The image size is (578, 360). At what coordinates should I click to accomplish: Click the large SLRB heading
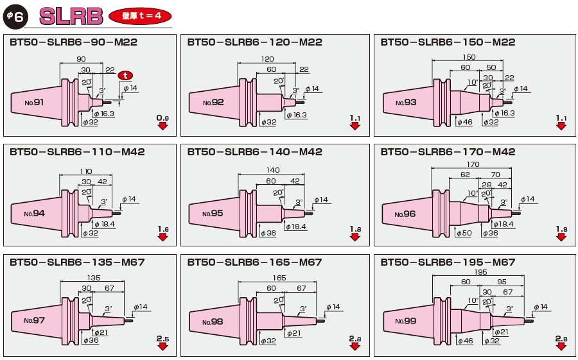tap(71, 16)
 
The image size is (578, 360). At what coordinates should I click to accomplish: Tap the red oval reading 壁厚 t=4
tap(140, 16)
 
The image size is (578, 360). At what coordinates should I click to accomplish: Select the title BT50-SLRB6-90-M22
tap(73, 42)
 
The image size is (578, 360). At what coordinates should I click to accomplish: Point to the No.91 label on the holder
tap(33, 102)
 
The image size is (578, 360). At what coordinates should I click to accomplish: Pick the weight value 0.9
tap(162, 118)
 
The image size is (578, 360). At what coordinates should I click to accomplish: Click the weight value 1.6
tap(162, 228)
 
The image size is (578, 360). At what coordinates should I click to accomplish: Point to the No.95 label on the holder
tap(213, 213)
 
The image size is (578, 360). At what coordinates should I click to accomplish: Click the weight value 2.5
tap(162, 338)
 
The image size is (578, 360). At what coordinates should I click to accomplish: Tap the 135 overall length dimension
tap(94, 278)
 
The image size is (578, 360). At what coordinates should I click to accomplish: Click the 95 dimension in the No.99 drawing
tap(502, 282)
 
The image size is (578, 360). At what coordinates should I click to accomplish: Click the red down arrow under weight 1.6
tap(162, 237)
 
